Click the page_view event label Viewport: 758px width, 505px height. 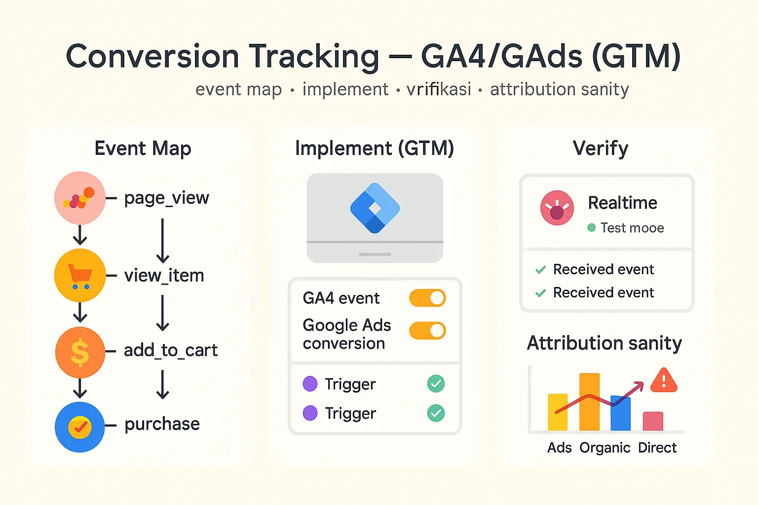tap(166, 198)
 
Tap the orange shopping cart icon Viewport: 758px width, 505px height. tap(80, 275)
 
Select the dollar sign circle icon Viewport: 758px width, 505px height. tap(80, 352)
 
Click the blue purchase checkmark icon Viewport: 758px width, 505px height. tap(80, 427)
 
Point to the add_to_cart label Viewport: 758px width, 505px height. tap(170, 350)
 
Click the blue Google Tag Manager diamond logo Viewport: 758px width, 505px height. tap(375, 208)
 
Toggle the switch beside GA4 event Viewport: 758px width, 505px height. tap(427, 298)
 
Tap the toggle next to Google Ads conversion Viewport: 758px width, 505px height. tap(427, 330)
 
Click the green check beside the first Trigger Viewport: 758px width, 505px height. tap(436, 384)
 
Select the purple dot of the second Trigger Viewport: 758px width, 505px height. tap(310, 413)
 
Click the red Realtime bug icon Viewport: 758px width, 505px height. tap(557, 208)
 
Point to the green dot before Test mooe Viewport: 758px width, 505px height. tap(591, 228)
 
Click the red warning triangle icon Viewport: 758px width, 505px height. tap(664, 380)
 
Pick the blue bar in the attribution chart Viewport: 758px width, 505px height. tap(621, 413)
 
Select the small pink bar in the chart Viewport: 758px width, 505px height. tap(653, 421)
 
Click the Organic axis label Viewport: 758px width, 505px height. tap(605, 447)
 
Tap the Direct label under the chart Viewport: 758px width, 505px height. tap(657, 447)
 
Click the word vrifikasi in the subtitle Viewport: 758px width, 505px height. tap(439, 89)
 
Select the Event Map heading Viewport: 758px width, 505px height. tap(143, 148)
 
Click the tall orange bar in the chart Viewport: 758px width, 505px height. tap(589, 402)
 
